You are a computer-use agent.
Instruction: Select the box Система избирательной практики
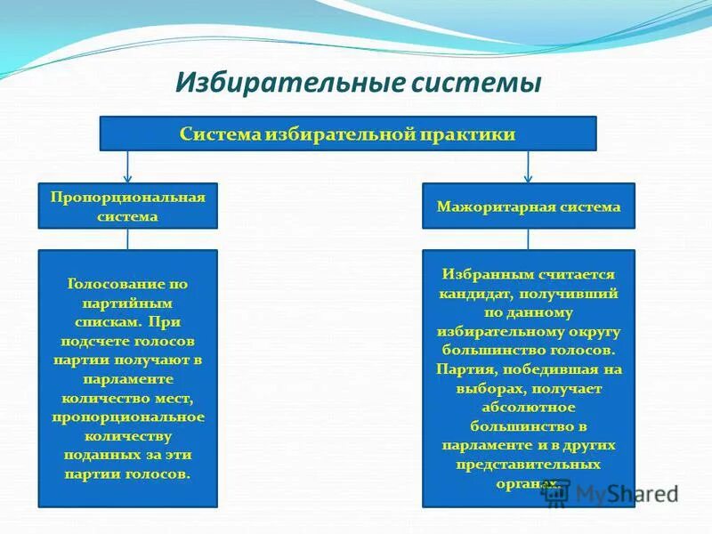pyautogui.click(x=347, y=133)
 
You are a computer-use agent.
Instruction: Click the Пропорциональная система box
pyautogui.click(x=127, y=206)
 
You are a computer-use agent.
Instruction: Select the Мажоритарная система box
pyautogui.click(x=528, y=206)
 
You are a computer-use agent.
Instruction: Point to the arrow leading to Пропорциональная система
pyautogui.click(x=127, y=168)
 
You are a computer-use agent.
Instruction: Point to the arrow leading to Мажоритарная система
pyautogui.click(x=529, y=168)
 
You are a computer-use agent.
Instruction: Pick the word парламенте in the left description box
pyautogui.click(x=127, y=378)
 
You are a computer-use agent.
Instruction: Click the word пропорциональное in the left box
pyautogui.click(x=127, y=417)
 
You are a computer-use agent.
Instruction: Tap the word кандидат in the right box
pyautogui.click(x=473, y=294)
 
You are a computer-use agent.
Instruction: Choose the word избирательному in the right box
pyautogui.click(x=503, y=331)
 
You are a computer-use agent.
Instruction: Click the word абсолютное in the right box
pyautogui.click(x=529, y=407)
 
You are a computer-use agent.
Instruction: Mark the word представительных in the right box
pyautogui.click(x=529, y=464)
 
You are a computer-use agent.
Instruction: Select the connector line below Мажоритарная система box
pyautogui.click(x=529, y=239)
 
